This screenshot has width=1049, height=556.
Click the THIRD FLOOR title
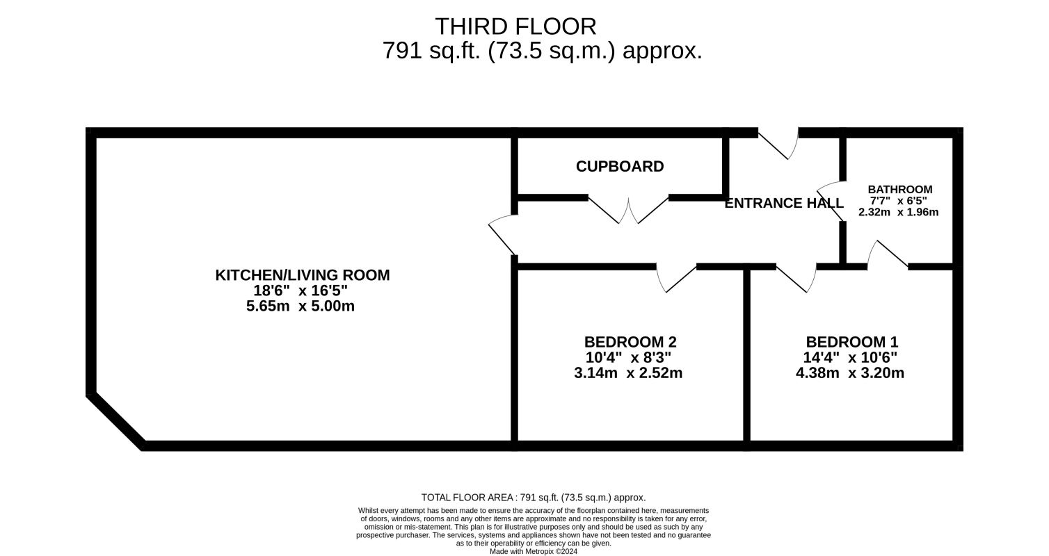[x=515, y=26]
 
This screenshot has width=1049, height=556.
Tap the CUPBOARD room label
[x=620, y=167]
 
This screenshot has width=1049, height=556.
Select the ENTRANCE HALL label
[x=784, y=203]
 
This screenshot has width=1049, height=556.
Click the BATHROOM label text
[x=899, y=190]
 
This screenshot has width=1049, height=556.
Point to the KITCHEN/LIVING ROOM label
[x=302, y=275]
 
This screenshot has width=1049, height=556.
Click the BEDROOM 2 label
[x=630, y=342]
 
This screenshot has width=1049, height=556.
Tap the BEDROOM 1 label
[x=852, y=342]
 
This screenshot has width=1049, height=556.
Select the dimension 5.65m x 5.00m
[x=301, y=306]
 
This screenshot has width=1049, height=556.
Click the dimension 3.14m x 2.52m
[x=628, y=373]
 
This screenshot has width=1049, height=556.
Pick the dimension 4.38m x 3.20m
[x=850, y=373]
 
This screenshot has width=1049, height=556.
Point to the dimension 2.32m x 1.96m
[x=898, y=212]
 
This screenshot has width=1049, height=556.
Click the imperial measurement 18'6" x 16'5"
[x=301, y=291]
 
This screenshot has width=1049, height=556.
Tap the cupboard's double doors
[x=628, y=210]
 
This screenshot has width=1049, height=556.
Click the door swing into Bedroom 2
[x=675, y=279]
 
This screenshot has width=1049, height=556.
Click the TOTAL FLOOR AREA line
[x=534, y=498]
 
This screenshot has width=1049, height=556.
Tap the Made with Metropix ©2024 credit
[x=534, y=551]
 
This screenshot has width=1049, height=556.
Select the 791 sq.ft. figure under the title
[x=431, y=51]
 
